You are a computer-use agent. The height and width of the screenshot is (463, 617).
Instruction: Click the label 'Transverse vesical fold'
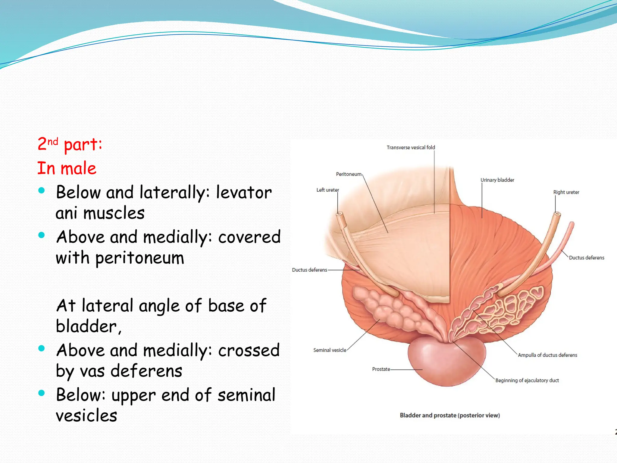(411, 147)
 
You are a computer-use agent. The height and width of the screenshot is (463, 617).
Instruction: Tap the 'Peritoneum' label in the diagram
(349, 174)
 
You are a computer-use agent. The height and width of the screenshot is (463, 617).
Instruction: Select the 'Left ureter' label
(327, 190)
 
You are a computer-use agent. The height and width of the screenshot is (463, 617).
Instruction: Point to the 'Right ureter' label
(566, 192)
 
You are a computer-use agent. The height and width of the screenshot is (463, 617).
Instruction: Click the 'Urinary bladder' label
(497, 180)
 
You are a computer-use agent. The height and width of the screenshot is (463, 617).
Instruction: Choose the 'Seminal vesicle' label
(330, 350)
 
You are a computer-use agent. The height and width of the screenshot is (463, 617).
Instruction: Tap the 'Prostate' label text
(381, 369)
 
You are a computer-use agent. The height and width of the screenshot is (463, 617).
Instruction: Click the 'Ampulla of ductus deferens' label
(547, 355)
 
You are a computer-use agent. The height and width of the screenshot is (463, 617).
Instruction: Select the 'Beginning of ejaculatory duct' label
(527, 380)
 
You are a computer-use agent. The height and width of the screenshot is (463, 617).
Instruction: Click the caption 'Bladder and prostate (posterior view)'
(449, 415)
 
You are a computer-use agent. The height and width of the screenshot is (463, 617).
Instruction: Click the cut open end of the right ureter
(557, 214)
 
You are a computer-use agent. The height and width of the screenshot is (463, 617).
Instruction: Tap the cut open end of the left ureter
(339, 214)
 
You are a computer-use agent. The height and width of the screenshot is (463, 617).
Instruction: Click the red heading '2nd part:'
(70, 144)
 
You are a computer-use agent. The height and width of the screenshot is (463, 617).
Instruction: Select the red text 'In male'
(67, 168)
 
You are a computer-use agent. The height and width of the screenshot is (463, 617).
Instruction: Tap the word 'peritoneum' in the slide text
(139, 258)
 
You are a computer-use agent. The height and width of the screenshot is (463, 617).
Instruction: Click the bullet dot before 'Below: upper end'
(42, 393)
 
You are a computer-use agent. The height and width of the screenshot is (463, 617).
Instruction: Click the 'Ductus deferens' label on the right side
(586, 258)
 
